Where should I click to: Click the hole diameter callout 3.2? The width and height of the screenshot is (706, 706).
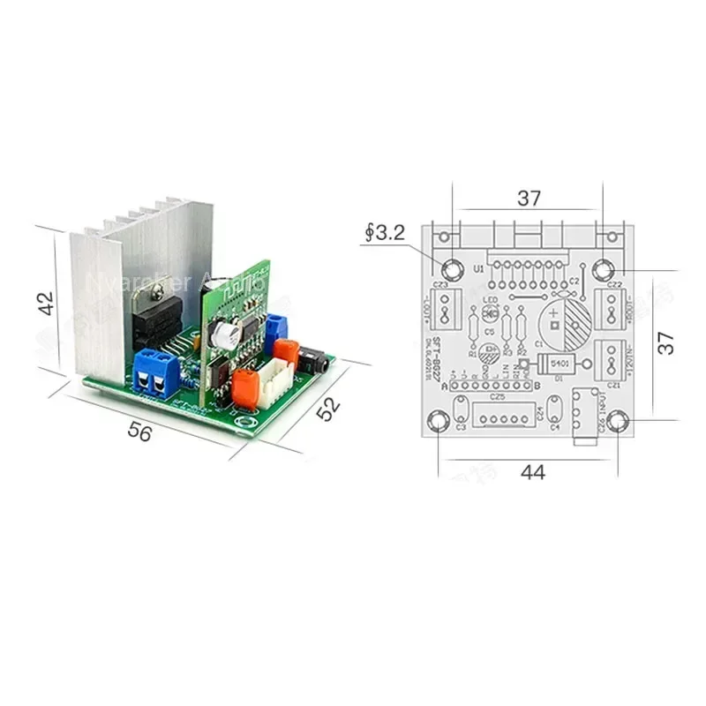click(385, 234)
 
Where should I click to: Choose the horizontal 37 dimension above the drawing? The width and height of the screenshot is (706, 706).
click(529, 199)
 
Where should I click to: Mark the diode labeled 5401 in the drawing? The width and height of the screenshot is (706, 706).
click(547, 364)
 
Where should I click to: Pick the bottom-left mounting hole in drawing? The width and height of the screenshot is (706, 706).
click(439, 422)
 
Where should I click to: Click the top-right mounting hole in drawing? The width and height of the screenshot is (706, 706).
click(605, 270)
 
